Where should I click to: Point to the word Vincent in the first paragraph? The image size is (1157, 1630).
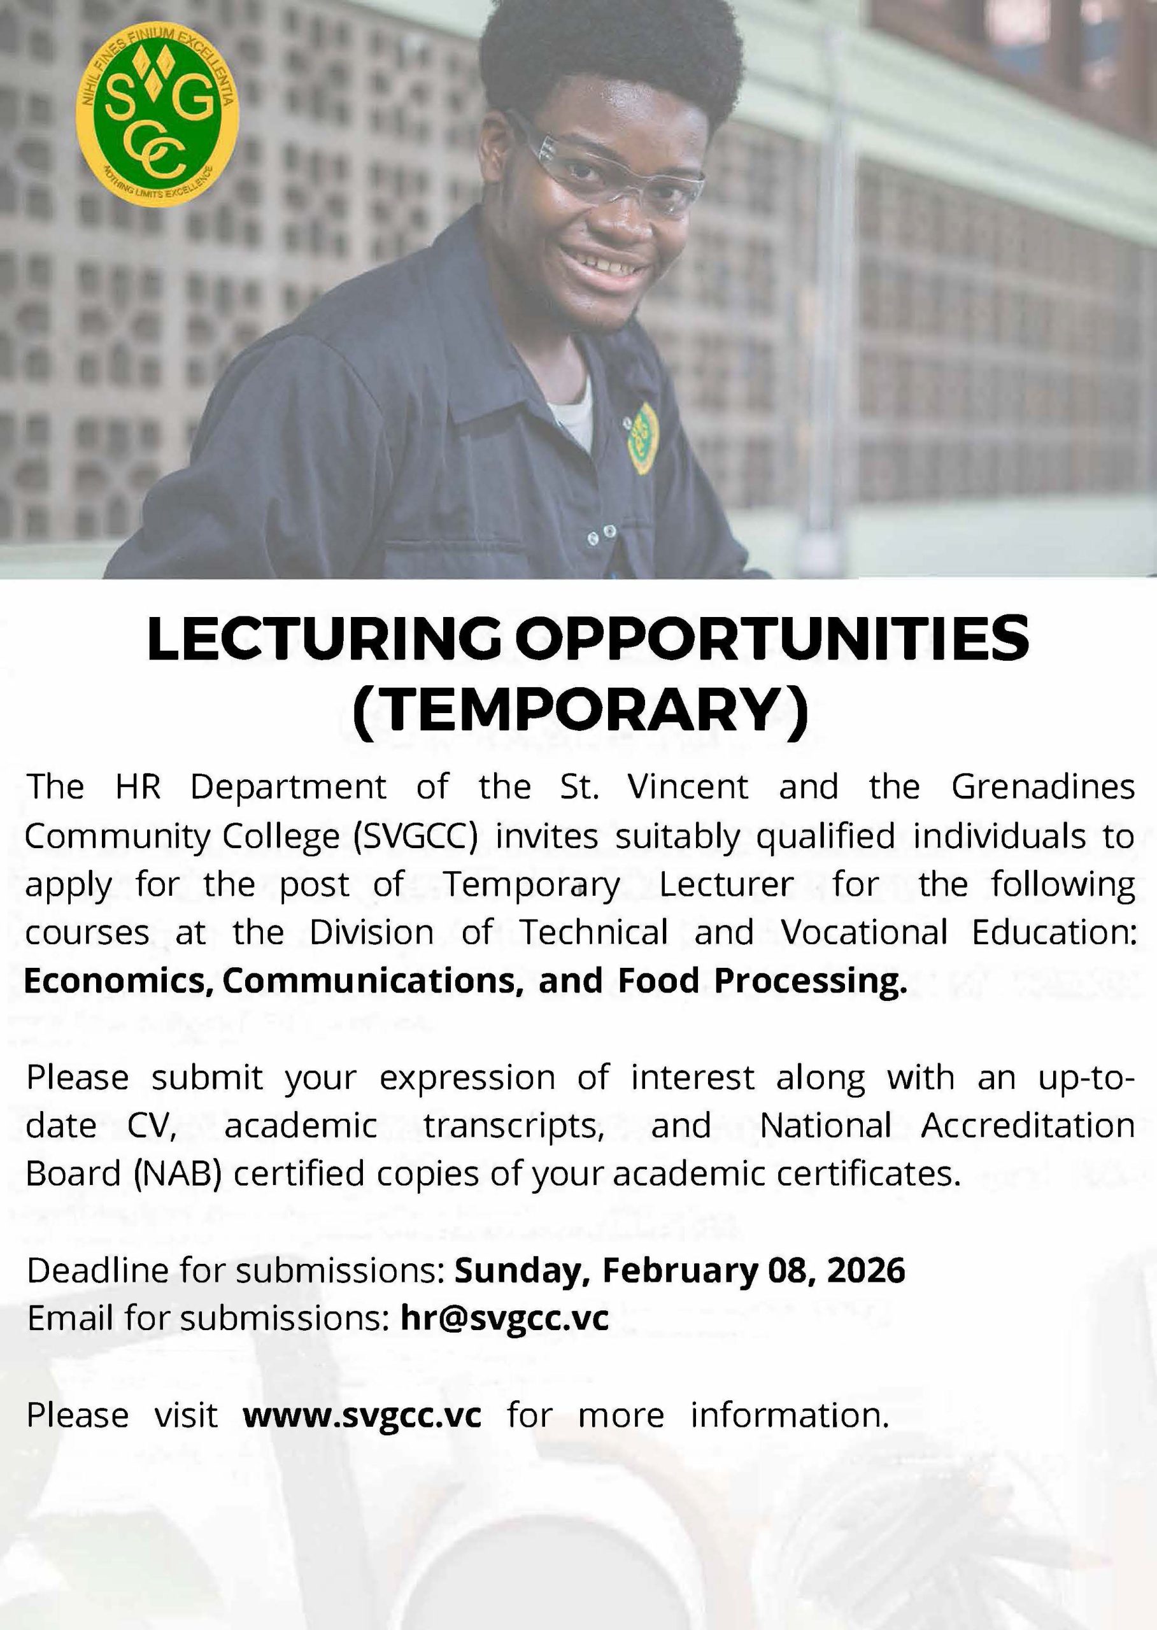(688, 787)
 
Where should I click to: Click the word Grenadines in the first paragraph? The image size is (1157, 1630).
(1042, 787)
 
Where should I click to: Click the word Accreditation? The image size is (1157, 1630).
(1027, 1126)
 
